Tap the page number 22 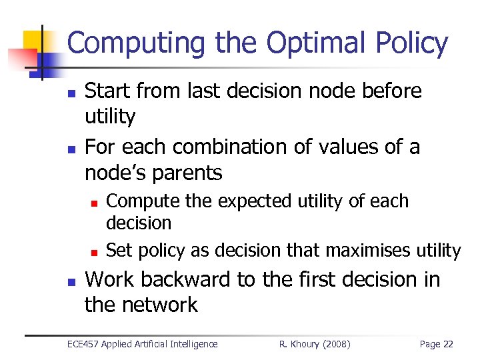(448, 344)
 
